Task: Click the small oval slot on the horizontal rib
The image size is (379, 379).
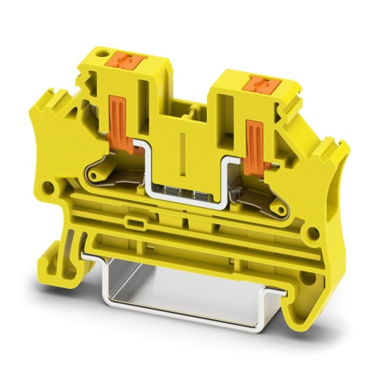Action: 137,223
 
